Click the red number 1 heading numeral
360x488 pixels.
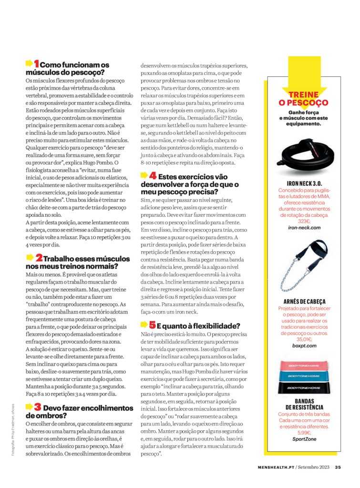pyautogui.click(x=37, y=64)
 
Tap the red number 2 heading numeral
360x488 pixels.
pyautogui.click(x=39, y=258)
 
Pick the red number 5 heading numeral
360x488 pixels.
pyautogui.click(x=152, y=326)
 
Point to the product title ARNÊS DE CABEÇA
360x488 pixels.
pyautogui.click(x=304, y=301)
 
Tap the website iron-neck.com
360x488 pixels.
pyautogui.click(x=304, y=228)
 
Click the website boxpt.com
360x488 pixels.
pyautogui.click(x=304, y=346)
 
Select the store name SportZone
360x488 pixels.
pyautogui.click(x=304, y=439)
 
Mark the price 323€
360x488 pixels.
pyautogui.click(x=304, y=221)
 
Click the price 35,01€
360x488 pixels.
pyautogui.click(x=304, y=339)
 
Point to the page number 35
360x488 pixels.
pyautogui.click(x=337, y=467)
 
